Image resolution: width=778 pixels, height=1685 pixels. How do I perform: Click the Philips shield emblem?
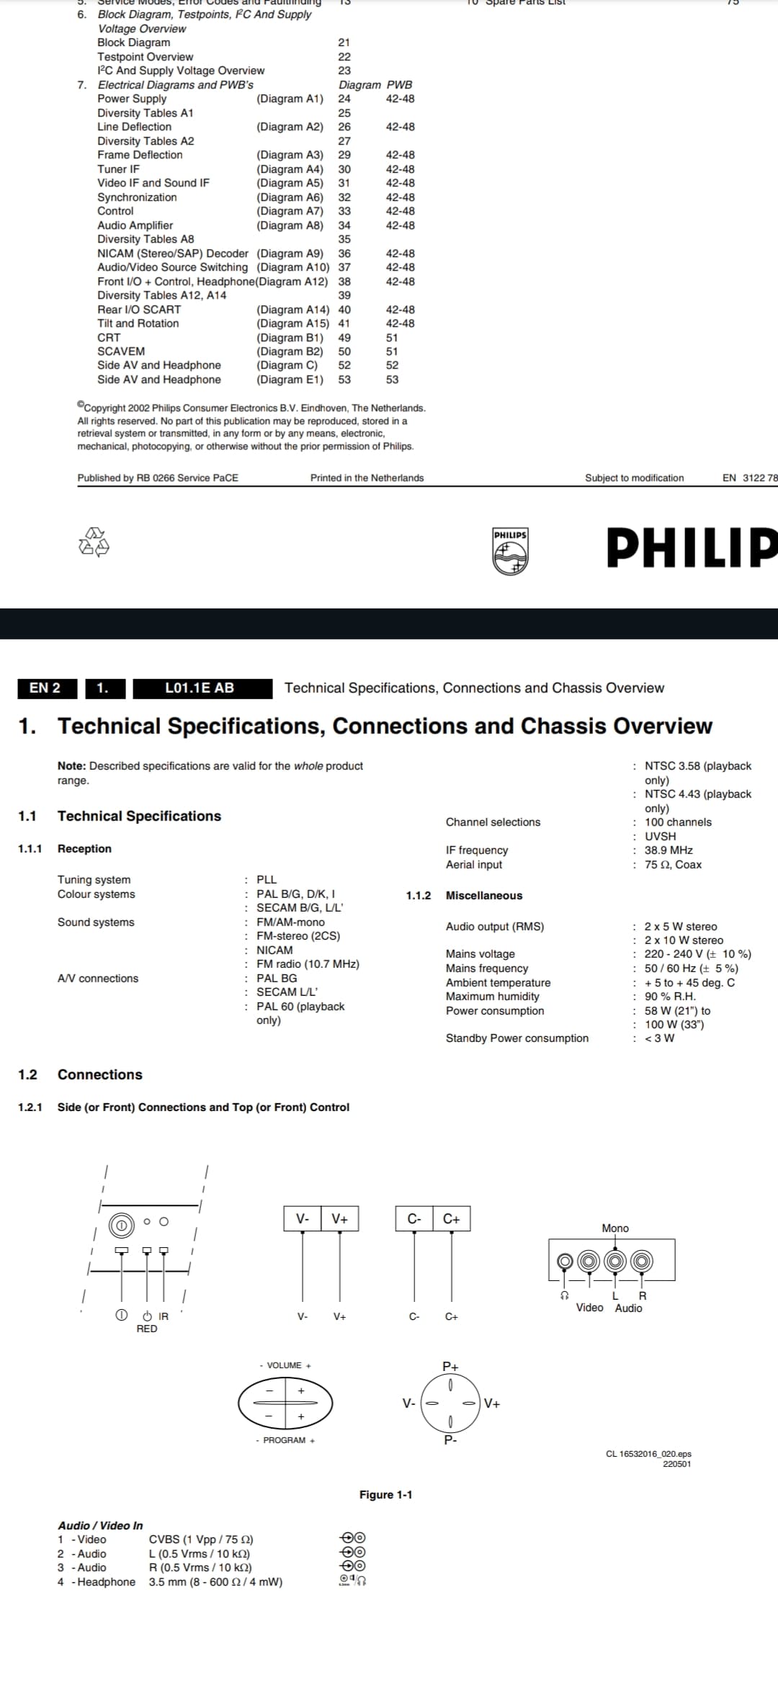click(510, 552)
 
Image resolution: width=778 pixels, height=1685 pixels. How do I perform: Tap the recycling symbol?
click(94, 542)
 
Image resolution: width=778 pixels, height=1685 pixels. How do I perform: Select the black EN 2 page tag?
click(45, 688)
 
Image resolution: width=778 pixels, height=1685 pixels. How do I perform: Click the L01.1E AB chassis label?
click(200, 688)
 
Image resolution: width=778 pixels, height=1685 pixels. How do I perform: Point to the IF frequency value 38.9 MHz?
click(669, 850)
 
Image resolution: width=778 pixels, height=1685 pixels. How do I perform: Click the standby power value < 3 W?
click(659, 1038)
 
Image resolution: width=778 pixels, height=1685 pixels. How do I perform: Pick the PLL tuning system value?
click(267, 880)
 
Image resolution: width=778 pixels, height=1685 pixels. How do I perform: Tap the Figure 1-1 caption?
click(386, 1495)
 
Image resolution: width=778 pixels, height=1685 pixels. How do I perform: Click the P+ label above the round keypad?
click(450, 1367)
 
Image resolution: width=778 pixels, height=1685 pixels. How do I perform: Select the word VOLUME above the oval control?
click(284, 1365)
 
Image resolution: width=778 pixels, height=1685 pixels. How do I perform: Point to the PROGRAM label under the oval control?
click(285, 1440)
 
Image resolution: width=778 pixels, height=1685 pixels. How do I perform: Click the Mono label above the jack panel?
click(615, 1228)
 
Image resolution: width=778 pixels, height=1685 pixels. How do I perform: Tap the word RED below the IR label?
click(147, 1329)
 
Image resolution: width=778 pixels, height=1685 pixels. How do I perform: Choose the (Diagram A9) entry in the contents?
click(290, 253)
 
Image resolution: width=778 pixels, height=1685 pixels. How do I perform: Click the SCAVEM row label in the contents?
click(121, 351)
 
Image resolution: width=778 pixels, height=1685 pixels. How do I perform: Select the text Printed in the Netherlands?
click(367, 478)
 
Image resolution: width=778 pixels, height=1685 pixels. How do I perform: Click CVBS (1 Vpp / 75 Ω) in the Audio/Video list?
click(201, 1540)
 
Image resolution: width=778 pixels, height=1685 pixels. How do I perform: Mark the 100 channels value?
click(678, 822)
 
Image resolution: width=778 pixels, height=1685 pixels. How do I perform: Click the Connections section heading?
click(99, 1075)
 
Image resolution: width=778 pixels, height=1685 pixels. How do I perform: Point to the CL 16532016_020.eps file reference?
click(648, 1454)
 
